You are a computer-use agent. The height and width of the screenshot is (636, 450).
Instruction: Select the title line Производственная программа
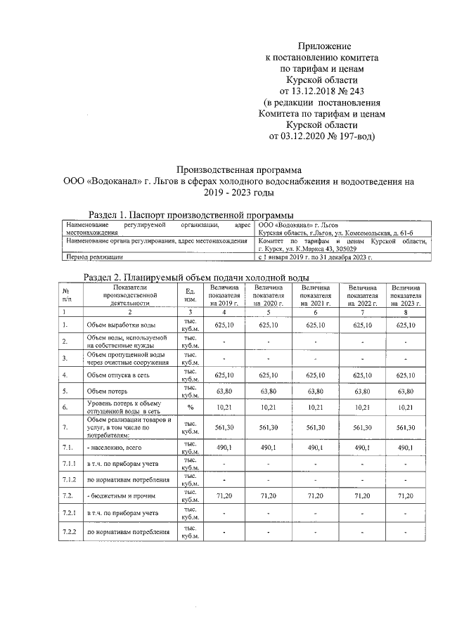coord(238,170)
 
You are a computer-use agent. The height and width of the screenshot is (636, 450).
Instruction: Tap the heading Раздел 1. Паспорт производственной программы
coord(190,214)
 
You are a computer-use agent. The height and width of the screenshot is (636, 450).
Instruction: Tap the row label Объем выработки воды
coord(120,325)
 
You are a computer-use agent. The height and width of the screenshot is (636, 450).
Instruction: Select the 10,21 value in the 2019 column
coord(224,407)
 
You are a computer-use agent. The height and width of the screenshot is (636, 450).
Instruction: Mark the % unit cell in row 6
coord(189,407)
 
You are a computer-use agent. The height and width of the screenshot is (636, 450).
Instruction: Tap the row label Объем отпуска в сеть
coord(120,375)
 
